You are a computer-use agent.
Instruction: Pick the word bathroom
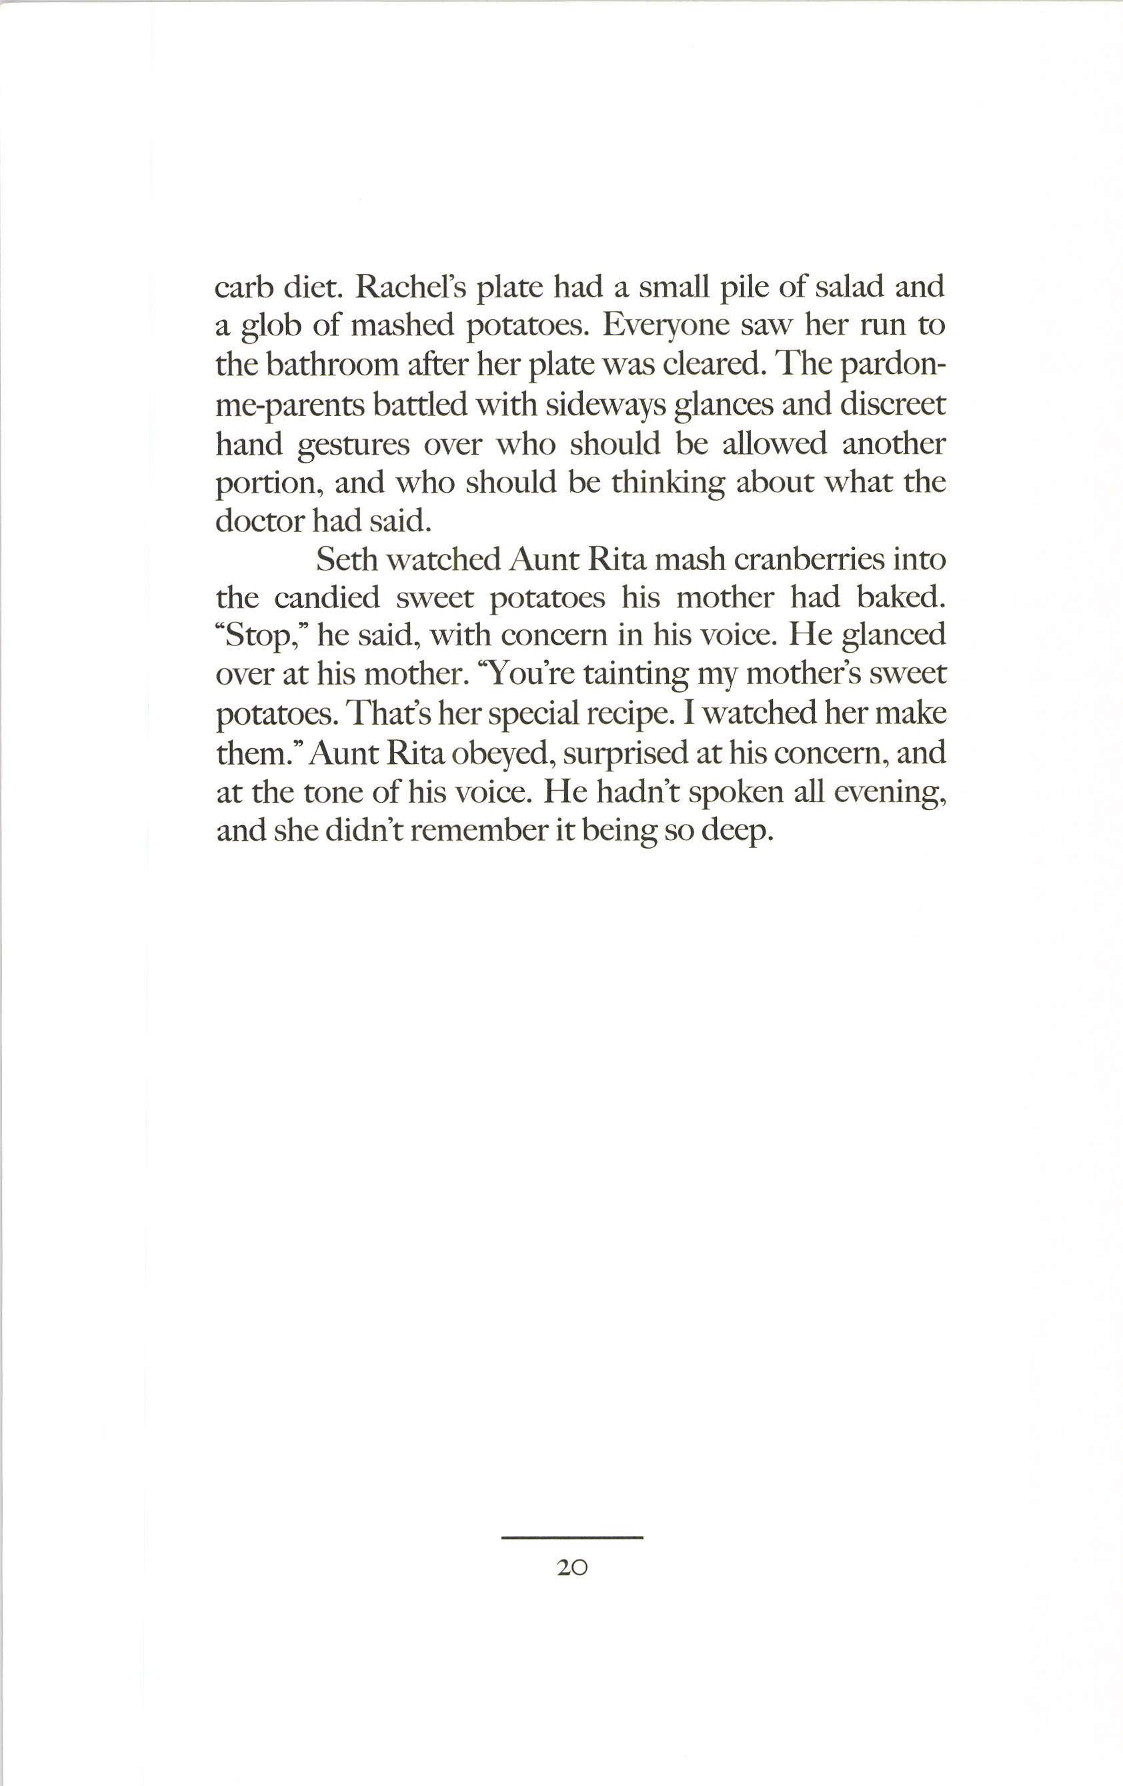click(331, 365)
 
